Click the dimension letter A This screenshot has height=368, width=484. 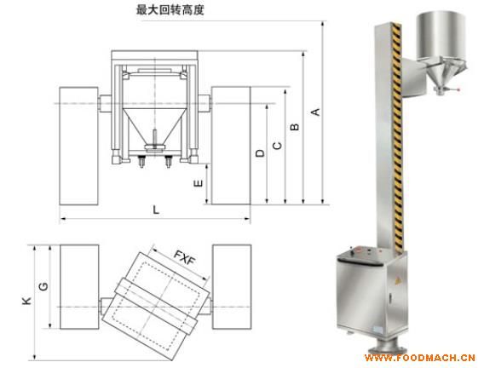tap(315, 112)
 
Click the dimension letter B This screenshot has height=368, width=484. tap(295, 127)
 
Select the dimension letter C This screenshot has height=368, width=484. tap(277, 146)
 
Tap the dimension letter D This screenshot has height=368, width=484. tap(260, 153)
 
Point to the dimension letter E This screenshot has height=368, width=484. tap(199, 183)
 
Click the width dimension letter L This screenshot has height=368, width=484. tap(156, 210)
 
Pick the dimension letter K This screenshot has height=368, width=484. tap(27, 301)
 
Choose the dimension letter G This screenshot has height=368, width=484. tap(43, 286)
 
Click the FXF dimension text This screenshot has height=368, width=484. tap(185, 257)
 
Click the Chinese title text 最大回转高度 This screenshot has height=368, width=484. tap(170, 10)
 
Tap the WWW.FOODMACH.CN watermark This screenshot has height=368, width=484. tap(420, 358)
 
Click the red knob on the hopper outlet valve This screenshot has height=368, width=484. tap(458, 89)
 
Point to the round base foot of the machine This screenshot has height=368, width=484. tap(388, 348)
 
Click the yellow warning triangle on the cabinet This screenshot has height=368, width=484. tap(398, 281)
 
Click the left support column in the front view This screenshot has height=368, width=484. tap(78, 146)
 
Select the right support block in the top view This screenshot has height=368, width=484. tap(232, 287)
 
